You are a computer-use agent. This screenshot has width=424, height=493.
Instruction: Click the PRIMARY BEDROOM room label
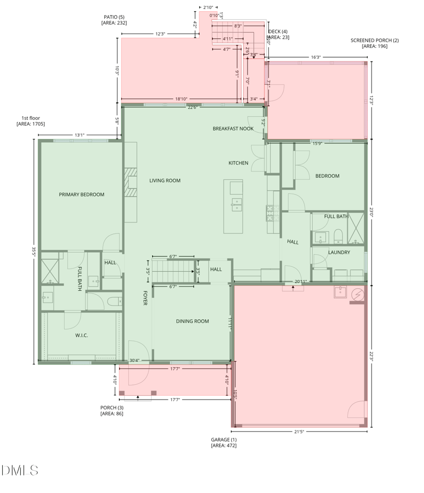(x=82, y=195)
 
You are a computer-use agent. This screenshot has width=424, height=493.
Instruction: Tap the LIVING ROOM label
(x=165, y=180)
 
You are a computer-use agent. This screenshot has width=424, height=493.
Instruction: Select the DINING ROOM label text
(x=192, y=321)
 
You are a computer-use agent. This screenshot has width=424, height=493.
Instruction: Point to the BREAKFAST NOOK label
(x=233, y=128)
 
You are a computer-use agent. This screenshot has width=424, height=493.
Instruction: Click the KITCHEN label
(x=238, y=163)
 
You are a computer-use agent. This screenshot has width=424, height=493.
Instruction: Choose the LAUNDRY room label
(x=339, y=253)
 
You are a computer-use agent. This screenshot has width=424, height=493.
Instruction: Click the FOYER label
(x=145, y=298)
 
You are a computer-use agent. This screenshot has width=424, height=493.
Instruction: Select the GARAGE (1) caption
(x=224, y=443)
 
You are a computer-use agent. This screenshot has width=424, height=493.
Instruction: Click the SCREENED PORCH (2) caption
(x=374, y=43)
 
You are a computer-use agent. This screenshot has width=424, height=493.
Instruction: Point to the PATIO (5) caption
(x=114, y=20)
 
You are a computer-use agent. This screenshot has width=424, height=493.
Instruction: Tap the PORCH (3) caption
(x=112, y=410)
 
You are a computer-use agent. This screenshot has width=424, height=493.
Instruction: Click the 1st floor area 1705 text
(x=31, y=121)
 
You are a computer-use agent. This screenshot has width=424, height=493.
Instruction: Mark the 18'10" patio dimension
(x=181, y=99)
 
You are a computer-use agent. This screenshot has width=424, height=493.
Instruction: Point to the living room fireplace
(x=130, y=183)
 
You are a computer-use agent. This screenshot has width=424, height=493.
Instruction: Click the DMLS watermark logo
(x=20, y=470)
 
